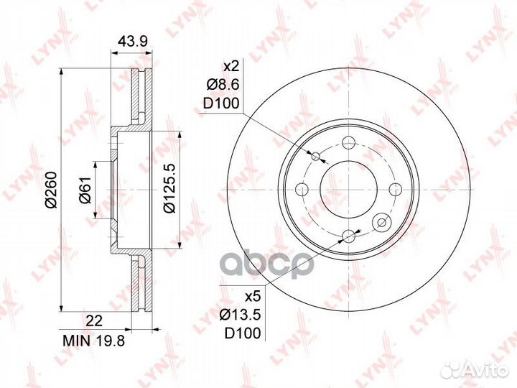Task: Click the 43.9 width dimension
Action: (x=133, y=42)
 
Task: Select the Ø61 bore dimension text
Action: (x=85, y=190)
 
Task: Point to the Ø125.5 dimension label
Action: (x=170, y=189)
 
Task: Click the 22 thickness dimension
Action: (x=94, y=320)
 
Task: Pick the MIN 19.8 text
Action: (x=94, y=341)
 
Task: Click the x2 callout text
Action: (x=230, y=67)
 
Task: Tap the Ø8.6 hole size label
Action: (x=222, y=85)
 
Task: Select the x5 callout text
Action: (x=253, y=297)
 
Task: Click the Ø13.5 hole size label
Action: (x=241, y=315)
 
